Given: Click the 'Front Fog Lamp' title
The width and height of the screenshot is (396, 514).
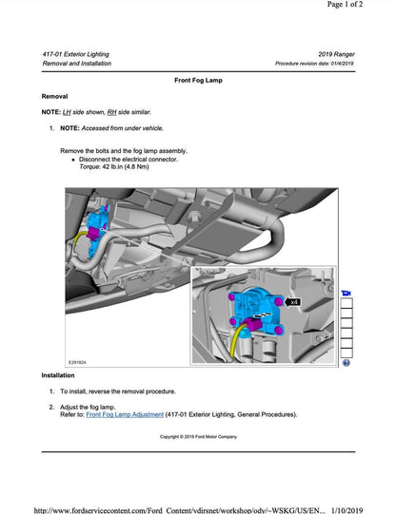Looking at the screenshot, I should [198, 82].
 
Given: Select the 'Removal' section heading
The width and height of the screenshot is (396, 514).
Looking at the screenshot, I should [55, 97].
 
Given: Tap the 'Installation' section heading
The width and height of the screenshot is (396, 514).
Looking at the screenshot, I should [59, 375].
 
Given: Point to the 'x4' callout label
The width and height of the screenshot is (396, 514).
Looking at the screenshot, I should [293, 301].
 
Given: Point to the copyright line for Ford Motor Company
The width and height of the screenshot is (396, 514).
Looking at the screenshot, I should [197, 437].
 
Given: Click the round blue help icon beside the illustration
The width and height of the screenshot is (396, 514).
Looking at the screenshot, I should [346, 362].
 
